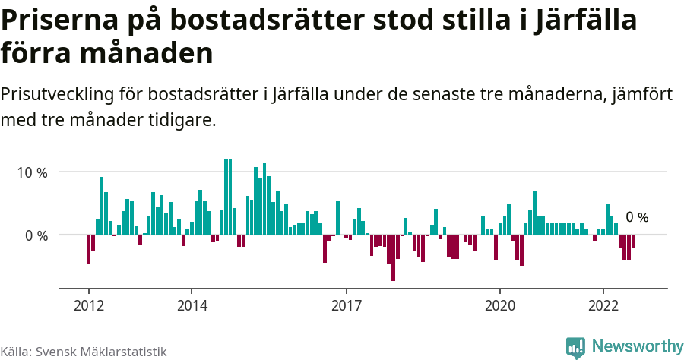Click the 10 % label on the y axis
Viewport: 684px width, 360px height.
click(32, 172)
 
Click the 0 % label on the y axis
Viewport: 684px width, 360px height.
click(36, 235)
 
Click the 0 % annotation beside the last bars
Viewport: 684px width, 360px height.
click(637, 218)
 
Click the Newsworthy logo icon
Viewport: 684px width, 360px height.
click(575, 347)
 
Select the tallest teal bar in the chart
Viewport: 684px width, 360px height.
click(226, 197)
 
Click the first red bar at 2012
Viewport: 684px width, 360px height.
click(89, 250)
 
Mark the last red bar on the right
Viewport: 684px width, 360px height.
click(633, 242)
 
